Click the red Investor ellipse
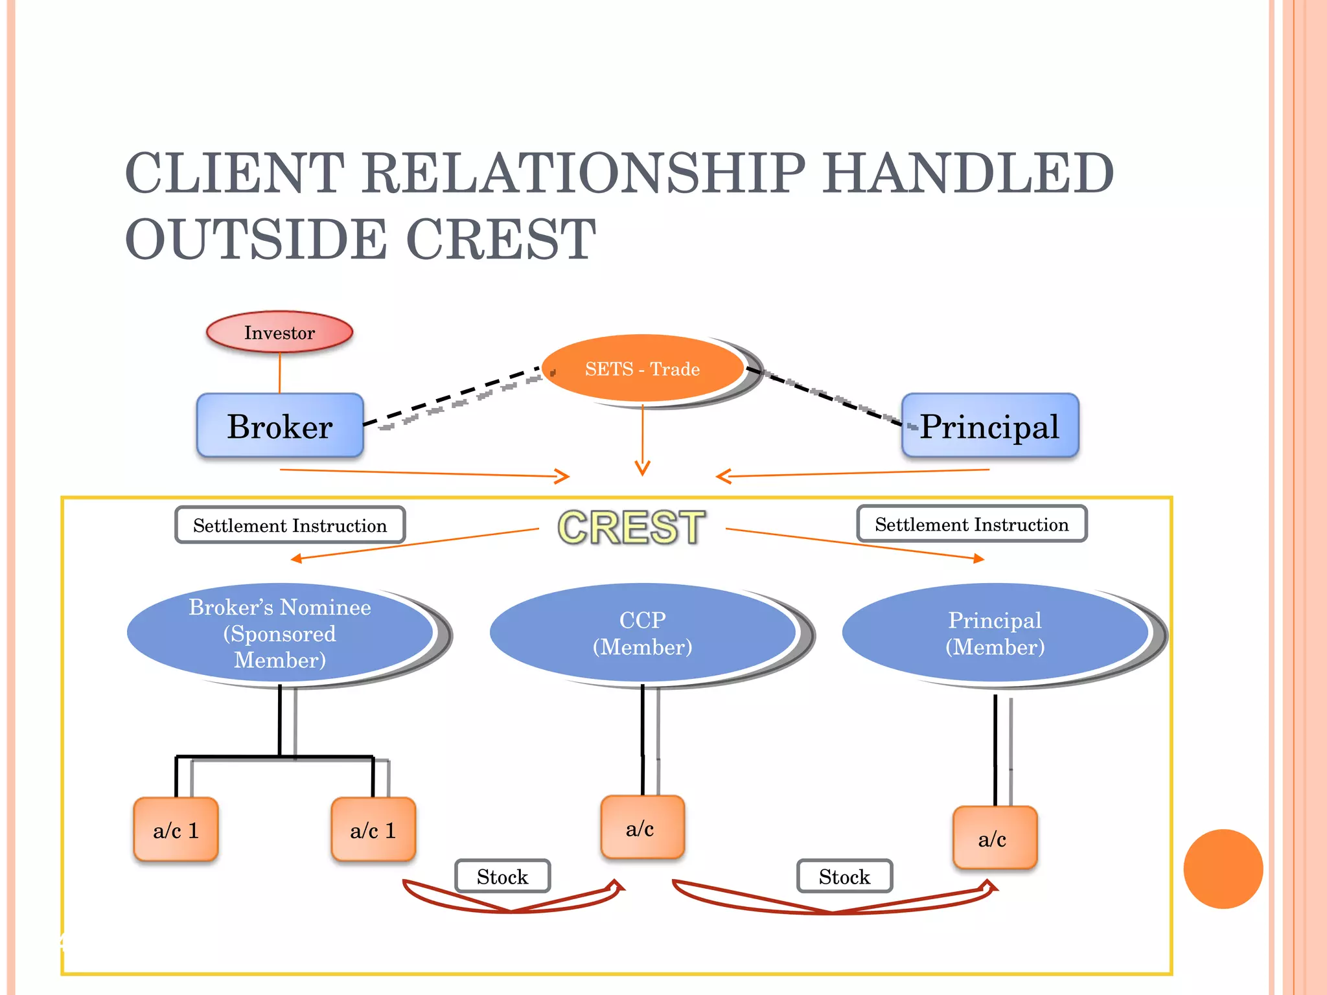tap(279, 332)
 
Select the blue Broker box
tap(280, 426)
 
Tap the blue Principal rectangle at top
tap(989, 426)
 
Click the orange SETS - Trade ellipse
tap(642, 369)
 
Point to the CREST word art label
tap(632, 527)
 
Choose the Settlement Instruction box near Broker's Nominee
tap(290, 525)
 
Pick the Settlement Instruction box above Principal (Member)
tap(971, 524)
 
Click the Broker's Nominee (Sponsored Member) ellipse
tap(280, 634)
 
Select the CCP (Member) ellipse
tap(642, 634)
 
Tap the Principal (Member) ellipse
tap(995, 634)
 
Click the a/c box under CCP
tap(642, 828)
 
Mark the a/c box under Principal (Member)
tap(994, 838)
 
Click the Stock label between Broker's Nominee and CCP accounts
tap(502, 876)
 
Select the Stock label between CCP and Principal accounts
tap(844, 876)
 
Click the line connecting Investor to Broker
tap(280, 373)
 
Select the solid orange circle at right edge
tap(1223, 869)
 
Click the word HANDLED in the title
tap(968, 174)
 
